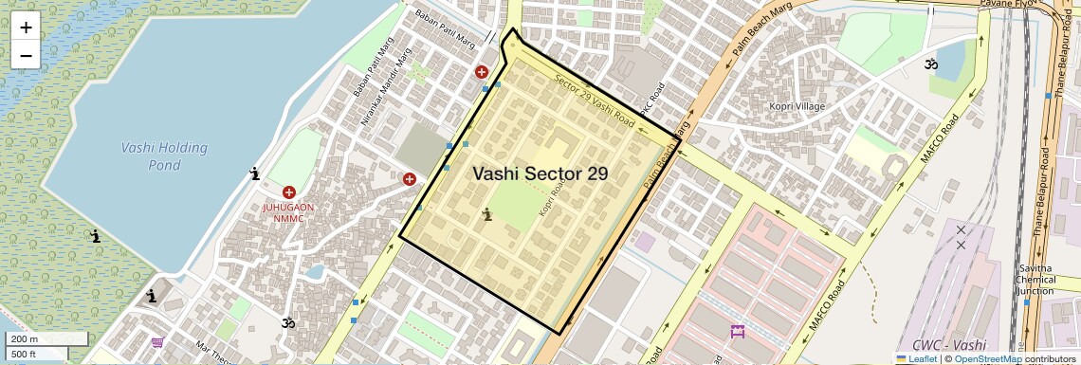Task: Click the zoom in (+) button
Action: [x=26, y=27]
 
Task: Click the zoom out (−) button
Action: [x=26, y=55]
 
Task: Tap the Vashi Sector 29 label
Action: [x=540, y=173]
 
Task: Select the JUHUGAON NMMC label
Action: [x=288, y=212]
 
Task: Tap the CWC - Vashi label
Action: [x=948, y=345]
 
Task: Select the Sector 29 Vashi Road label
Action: [x=595, y=101]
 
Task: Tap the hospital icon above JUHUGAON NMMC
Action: [x=288, y=192]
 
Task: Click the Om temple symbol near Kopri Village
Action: [x=931, y=64]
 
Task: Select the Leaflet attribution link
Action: [x=916, y=358]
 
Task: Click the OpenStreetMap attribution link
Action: [x=987, y=358]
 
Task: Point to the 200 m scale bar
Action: [x=36, y=339]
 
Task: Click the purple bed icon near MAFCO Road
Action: [x=738, y=332]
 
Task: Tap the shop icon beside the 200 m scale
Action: [x=157, y=342]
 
